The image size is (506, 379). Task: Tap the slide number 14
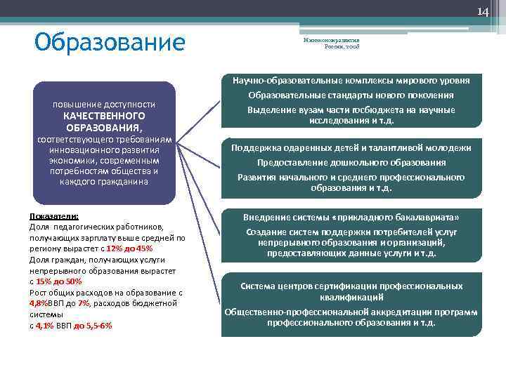click(x=483, y=12)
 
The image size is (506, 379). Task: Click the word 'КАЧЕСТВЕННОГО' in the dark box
click(x=104, y=116)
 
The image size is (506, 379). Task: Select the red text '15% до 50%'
click(x=59, y=281)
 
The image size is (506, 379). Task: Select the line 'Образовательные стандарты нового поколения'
click(x=351, y=95)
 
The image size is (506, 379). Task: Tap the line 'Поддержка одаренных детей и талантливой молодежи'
click(x=351, y=148)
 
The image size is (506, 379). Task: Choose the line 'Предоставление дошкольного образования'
click(x=351, y=163)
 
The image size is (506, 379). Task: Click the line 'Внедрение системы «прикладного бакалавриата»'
click(x=351, y=217)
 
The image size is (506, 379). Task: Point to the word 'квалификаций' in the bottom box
click(x=351, y=297)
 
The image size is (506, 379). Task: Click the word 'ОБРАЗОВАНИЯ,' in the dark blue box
click(x=104, y=128)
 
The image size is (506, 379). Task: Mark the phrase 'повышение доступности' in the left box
click(x=104, y=104)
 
